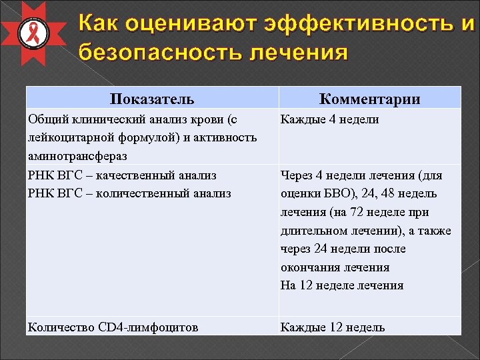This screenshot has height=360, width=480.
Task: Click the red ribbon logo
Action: (x=31, y=33)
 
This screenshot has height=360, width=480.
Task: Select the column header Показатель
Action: (x=152, y=99)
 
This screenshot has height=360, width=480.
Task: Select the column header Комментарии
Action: (x=370, y=99)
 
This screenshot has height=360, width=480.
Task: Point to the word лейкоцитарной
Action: (x=67, y=137)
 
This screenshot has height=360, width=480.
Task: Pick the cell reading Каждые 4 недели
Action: (x=329, y=119)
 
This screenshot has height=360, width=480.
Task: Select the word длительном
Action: (x=311, y=231)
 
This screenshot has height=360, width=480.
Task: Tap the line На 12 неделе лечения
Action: (x=342, y=285)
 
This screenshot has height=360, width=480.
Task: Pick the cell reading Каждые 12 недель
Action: (x=333, y=327)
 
